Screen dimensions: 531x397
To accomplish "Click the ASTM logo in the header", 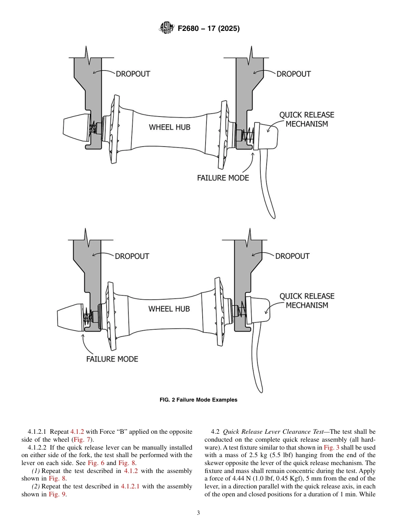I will [166, 29].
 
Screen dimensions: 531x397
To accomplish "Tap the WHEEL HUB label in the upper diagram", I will [170, 127].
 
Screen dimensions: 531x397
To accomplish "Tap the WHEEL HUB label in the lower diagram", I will [169, 309].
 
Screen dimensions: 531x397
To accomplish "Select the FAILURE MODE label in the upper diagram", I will [223, 178].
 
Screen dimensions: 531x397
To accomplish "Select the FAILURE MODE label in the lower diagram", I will [112, 359].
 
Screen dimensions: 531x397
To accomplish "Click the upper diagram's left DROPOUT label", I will [132, 74].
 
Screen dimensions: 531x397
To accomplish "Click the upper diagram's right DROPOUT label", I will [293, 74].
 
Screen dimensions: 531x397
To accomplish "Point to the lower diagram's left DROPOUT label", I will [132, 256].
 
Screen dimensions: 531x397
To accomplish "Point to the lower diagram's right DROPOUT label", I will [292, 256].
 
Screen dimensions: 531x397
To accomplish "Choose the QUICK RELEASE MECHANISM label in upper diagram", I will [307, 119].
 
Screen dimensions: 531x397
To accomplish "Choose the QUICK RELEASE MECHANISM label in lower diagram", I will [307, 301].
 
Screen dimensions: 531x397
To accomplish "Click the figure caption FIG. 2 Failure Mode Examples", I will [198, 400].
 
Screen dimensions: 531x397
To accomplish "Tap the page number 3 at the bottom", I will [198, 513].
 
